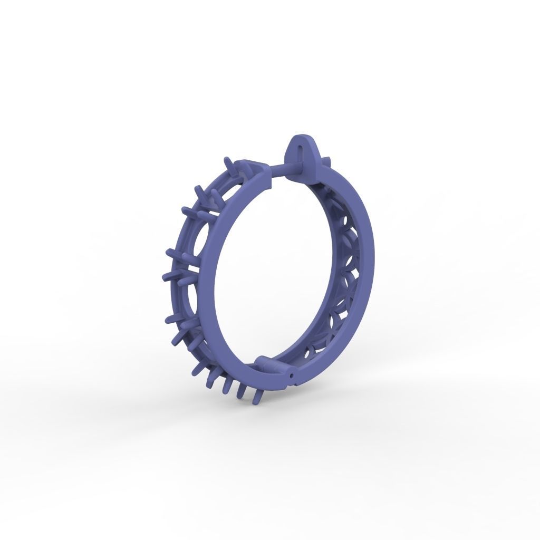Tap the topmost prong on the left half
click(x=227, y=161)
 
